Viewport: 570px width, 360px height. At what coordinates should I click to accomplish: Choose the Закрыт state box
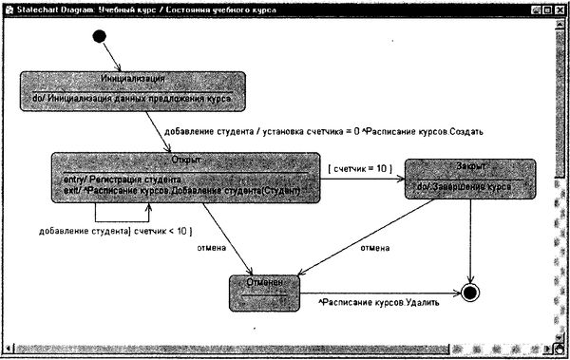(x=469, y=178)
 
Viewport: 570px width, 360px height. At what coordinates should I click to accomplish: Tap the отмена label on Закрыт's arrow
(x=375, y=249)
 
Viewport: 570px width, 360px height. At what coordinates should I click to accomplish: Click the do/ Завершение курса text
(x=469, y=187)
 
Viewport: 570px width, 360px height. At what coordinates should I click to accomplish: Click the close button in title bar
(x=560, y=8)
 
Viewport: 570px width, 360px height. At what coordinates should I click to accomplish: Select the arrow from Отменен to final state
(x=380, y=292)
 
